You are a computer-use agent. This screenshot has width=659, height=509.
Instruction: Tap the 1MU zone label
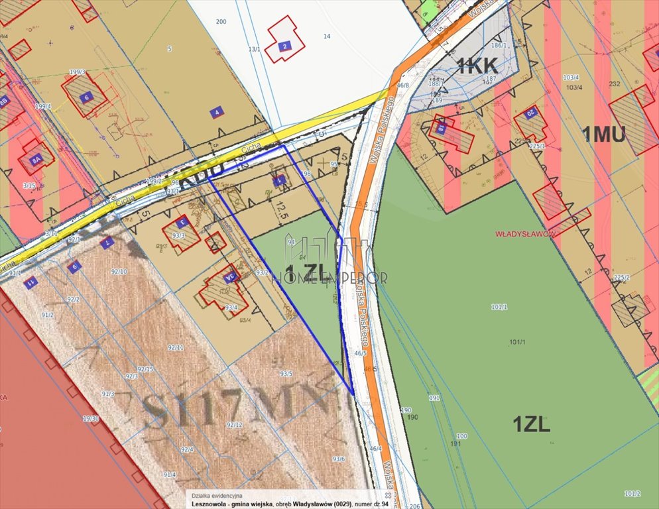click(603, 135)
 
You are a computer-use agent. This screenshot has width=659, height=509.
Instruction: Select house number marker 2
click(284, 46)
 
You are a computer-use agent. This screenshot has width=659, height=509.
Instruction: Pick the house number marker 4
click(215, 113)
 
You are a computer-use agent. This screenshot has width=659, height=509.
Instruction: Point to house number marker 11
click(30, 282)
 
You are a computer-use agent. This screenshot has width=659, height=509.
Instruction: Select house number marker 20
click(530, 113)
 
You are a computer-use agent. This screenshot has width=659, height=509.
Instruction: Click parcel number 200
click(221, 22)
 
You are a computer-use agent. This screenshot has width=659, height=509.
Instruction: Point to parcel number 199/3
click(77, 72)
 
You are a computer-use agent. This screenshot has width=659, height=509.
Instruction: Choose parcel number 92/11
click(176, 347)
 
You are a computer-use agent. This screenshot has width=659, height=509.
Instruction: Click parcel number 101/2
click(632, 493)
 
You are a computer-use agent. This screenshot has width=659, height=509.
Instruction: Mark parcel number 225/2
click(621, 277)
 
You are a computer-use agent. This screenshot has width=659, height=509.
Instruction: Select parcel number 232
click(614, 84)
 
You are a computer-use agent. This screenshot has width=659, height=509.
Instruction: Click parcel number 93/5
click(286, 373)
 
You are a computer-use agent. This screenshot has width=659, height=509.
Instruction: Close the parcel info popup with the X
click(388, 495)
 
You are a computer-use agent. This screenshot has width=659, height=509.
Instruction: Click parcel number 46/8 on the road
click(402, 85)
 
